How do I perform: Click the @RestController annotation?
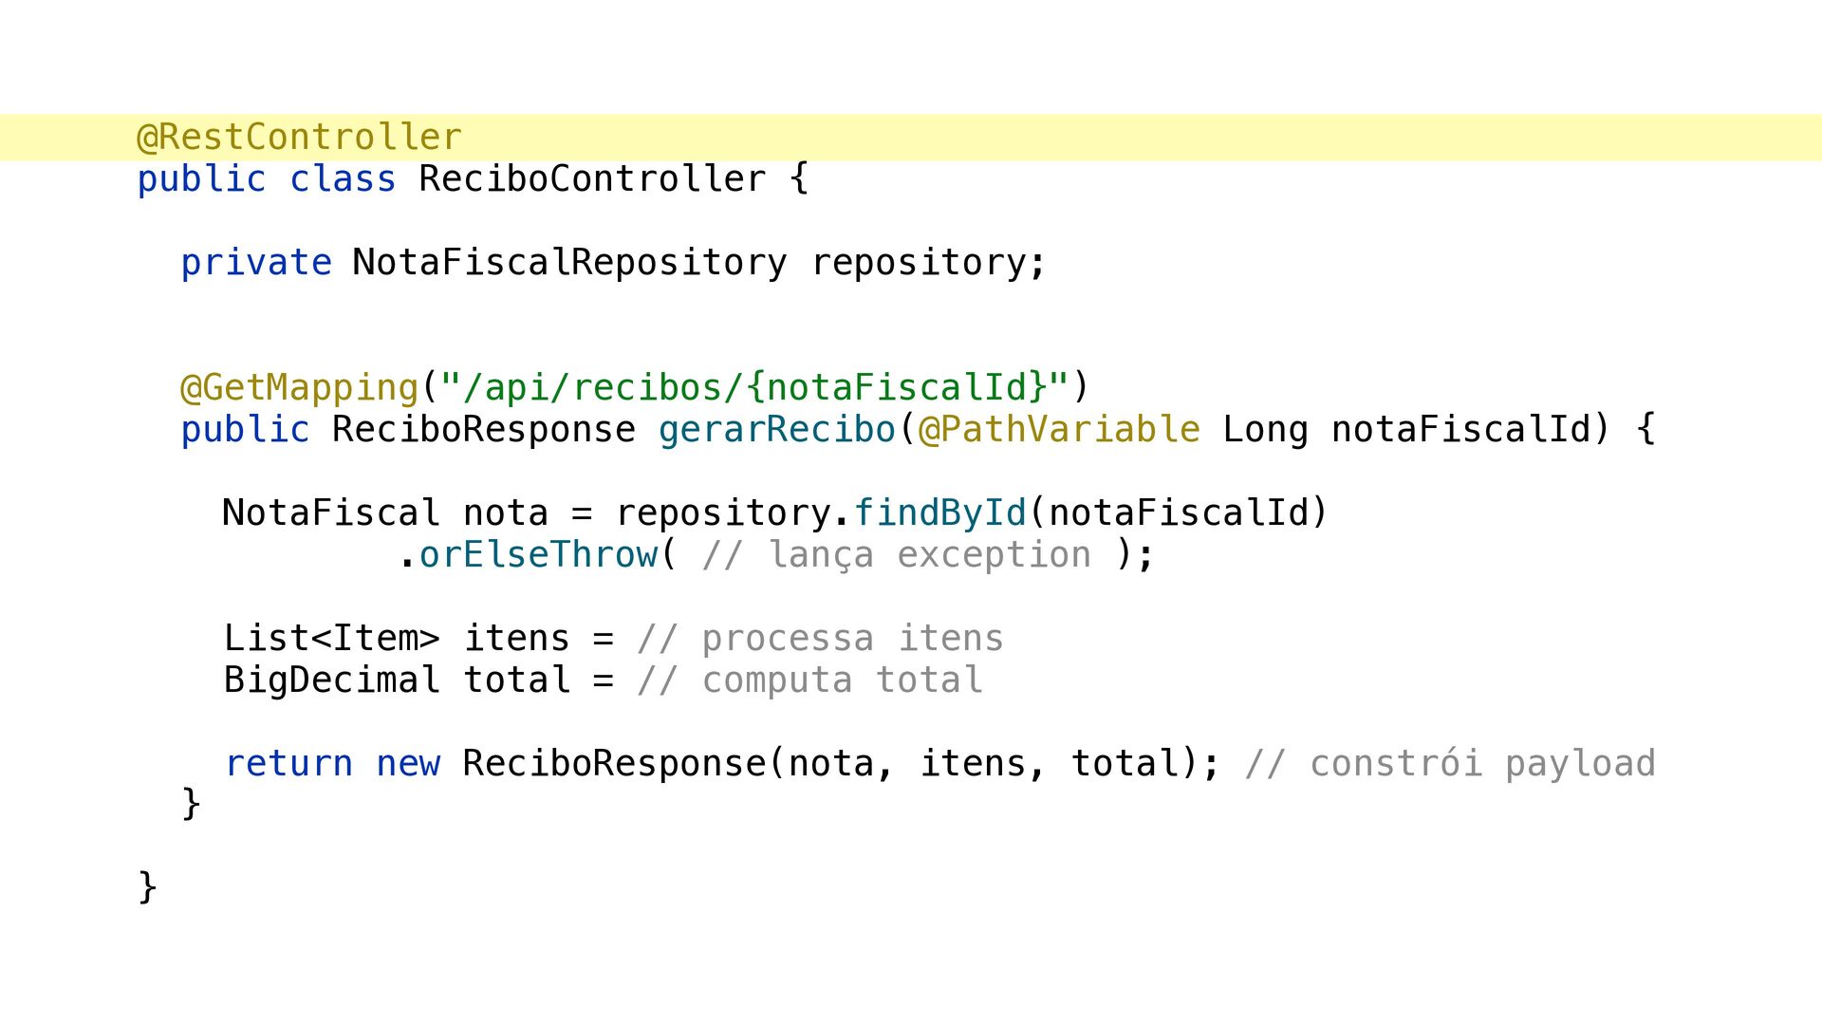[300, 138]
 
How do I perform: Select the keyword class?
[343, 179]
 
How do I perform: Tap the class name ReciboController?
[592, 179]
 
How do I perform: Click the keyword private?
[256, 263]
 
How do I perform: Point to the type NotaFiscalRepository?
[569, 263]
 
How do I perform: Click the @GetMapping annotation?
[299, 388]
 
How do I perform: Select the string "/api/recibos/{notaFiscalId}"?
[754, 388]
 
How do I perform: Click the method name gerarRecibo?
[777, 430]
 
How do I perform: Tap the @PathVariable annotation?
[1059, 430]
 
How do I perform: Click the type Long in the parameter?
[1265, 430]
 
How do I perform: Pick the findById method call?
[940, 513]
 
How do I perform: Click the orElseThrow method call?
[538, 555]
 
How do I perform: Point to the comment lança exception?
[897, 555]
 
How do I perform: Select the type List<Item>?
[332, 639]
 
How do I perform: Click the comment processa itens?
[821, 639]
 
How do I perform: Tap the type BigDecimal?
[332, 680]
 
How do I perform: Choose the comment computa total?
[810, 680]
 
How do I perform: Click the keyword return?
[288, 764]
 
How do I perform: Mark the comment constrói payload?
[1450, 764]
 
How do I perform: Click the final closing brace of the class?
[147, 886]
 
